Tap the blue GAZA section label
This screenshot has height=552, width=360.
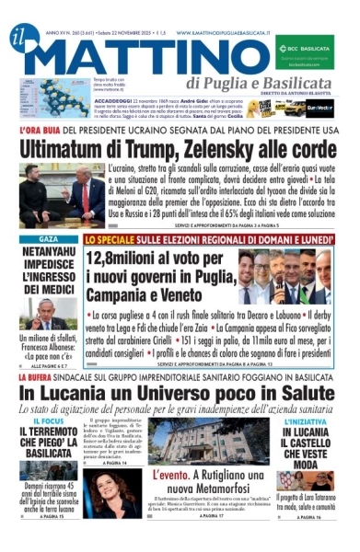point(47,239)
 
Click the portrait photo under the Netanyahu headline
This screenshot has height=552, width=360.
point(47,313)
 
